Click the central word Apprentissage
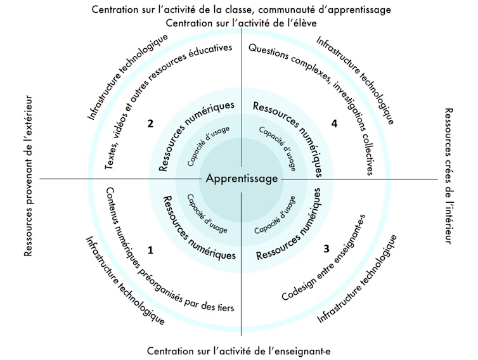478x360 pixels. (242, 179)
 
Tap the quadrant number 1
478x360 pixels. (150, 250)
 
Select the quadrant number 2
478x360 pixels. (150, 123)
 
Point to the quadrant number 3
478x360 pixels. (326, 248)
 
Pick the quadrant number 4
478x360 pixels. (334, 124)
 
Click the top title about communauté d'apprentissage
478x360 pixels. (241, 9)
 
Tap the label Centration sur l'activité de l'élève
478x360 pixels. (241, 23)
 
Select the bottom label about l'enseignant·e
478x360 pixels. (239, 350)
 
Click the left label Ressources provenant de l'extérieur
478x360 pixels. (27, 176)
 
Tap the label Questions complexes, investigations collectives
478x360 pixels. (317, 105)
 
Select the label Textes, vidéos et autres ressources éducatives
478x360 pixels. (166, 105)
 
